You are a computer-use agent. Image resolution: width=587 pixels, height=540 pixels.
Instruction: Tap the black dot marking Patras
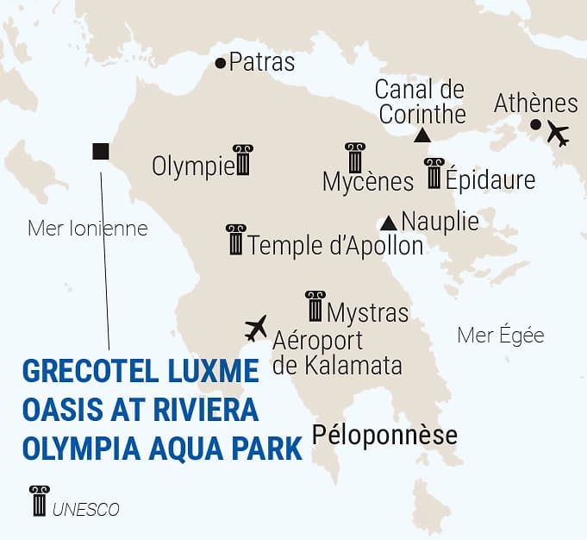[x=221, y=63]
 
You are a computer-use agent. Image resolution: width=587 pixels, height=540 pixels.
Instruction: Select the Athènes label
[x=535, y=104]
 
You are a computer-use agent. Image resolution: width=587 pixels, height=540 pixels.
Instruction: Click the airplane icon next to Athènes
[x=559, y=135]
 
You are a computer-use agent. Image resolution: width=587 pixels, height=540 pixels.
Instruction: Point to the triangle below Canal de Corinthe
[x=422, y=135]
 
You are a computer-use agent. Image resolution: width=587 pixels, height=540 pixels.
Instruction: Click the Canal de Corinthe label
[x=421, y=102]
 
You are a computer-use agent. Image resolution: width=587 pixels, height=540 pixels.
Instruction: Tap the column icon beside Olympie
[x=243, y=160]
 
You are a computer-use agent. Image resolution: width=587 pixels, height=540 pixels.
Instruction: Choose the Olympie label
[x=192, y=166]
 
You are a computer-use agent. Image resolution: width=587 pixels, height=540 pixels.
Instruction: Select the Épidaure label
[x=490, y=179]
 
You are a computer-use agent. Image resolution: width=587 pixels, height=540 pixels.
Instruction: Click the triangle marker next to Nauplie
[x=390, y=222]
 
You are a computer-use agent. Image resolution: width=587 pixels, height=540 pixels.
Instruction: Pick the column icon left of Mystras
[x=315, y=306]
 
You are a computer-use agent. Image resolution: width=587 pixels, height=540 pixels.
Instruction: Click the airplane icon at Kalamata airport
[x=256, y=328]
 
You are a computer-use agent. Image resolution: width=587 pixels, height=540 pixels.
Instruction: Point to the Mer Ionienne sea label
[x=88, y=229]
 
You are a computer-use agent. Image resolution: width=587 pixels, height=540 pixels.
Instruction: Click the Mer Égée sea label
[x=501, y=336]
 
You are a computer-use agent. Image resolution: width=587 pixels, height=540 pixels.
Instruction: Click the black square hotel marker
[x=100, y=152]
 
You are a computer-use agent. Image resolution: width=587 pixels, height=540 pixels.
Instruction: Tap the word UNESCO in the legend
[x=85, y=510]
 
